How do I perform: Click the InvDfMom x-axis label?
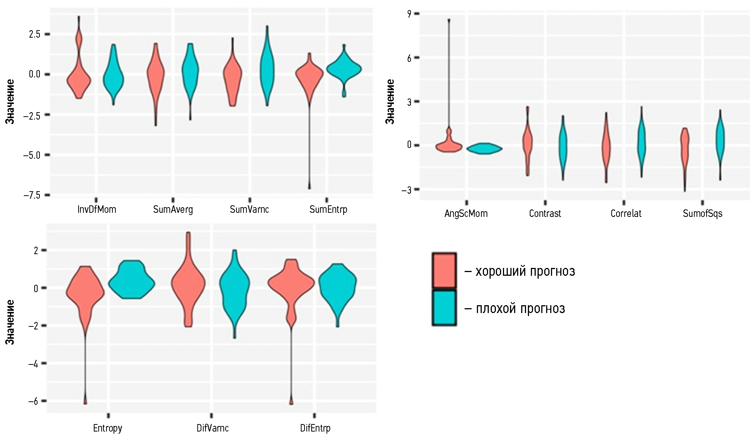coord(97,209)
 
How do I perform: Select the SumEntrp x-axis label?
coord(328,209)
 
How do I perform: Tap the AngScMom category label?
coord(466,214)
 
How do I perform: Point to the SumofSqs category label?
coord(702,214)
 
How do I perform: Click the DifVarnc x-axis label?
coord(213,428)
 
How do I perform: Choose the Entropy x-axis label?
coord(108,428)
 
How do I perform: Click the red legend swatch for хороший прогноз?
coord(444,271)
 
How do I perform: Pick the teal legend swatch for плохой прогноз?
coord(444,308)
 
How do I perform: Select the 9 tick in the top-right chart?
coord(409,14)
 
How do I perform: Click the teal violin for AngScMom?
coord(484,149)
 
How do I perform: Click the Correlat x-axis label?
coord(626,214)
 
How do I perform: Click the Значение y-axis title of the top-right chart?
coord(389,101)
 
